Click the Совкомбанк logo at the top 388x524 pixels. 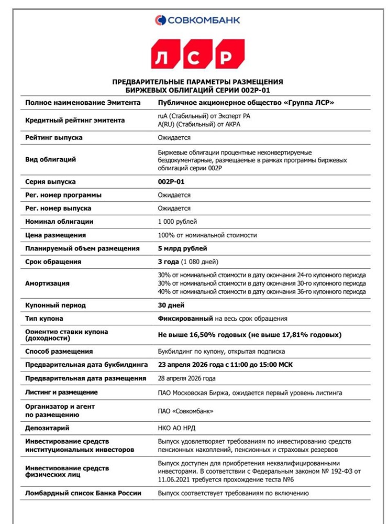(197, 20)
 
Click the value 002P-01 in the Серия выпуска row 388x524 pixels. (171, 182)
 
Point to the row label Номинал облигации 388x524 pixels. (59, 222)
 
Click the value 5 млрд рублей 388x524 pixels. (182, 248)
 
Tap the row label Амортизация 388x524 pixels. (47, 283)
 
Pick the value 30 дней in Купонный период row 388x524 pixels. (171, 305)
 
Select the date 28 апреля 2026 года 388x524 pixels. (186, 378)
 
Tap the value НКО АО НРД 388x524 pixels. (176, 428)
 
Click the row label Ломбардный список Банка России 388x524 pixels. (83, 493)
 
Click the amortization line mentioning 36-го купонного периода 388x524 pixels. (261, 292)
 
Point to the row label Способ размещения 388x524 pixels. (59, 352)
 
